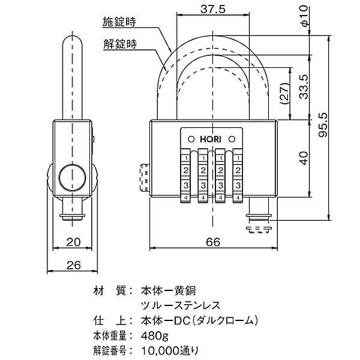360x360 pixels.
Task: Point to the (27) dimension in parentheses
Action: (x=286, y=92)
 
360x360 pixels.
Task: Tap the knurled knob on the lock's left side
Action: (x=143, y=178)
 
